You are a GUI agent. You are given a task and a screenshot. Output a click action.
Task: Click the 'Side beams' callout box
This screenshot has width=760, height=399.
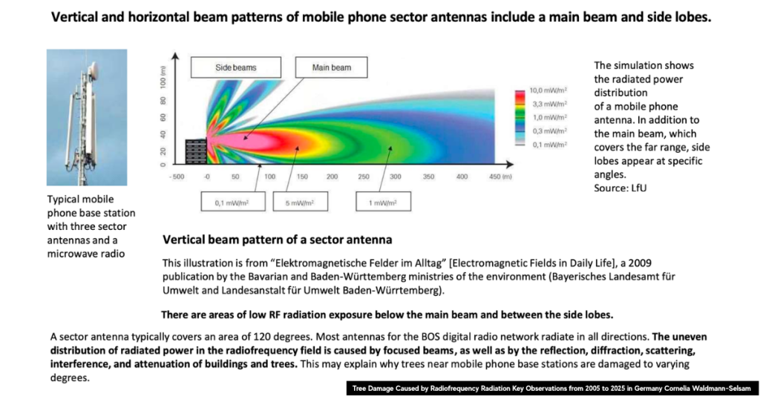click(235, 67)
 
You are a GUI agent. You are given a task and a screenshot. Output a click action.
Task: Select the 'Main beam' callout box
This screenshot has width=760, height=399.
click(332, 67)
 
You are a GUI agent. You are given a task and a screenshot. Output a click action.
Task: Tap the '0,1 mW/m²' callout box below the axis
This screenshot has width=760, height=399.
click(233, 202)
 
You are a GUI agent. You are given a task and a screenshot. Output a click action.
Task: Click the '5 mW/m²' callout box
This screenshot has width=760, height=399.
click(300, 202)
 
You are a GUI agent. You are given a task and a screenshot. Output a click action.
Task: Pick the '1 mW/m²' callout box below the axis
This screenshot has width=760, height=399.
click(384, 202)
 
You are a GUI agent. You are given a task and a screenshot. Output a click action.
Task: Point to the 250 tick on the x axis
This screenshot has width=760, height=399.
click(364, 177)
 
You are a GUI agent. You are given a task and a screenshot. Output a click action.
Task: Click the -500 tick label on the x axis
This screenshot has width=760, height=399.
click(177, 177)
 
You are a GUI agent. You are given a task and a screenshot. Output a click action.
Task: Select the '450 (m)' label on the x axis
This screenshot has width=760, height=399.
click(500, 177)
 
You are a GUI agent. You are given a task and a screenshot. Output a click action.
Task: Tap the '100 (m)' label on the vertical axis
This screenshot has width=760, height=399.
click(163, 76)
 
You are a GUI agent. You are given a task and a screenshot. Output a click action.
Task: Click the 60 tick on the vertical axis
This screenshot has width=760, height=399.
click(163, 118)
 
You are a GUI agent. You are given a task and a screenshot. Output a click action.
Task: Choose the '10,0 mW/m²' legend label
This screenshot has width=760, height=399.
click(548, 90)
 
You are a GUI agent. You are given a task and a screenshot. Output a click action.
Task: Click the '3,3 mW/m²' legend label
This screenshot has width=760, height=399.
click(550, 104)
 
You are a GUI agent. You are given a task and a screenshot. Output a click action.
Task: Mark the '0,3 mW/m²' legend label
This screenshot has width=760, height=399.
click(550, 131)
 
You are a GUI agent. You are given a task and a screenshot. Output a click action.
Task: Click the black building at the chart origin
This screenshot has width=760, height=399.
click(196, 151)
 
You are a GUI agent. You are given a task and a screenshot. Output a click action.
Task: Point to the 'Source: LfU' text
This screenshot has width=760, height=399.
click(620, 188)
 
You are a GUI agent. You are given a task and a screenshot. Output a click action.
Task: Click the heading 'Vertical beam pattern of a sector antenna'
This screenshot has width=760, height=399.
click(278, 240)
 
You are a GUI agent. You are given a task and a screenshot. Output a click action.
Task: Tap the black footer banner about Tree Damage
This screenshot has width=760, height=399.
click(552, 389)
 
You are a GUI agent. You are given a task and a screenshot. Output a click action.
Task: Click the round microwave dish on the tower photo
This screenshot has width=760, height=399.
click(93, 71)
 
